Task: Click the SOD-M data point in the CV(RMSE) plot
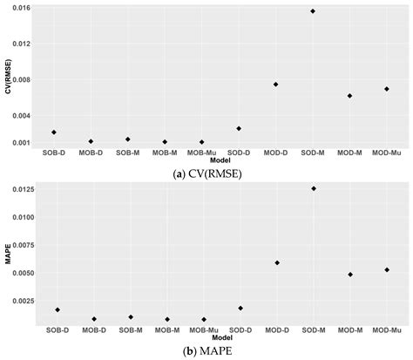[x=313, y=11]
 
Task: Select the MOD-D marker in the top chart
[x=276, y=85]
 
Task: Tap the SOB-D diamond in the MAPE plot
[x=58, y=309]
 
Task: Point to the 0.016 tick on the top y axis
[x=21, y=8]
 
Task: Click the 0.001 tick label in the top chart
[x=21, y=142]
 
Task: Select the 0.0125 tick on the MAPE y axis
[x=19, y=189]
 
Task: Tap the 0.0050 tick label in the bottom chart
[x=19, y=273]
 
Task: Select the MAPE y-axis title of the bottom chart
[x=7, y=256]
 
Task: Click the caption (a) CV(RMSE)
[x=206, y=173]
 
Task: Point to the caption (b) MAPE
[x=206, y=350]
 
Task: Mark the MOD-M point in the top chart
[x=349, y=96]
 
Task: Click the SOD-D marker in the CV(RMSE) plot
[x=239, y=128]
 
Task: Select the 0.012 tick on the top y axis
[x=21, y=44]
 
